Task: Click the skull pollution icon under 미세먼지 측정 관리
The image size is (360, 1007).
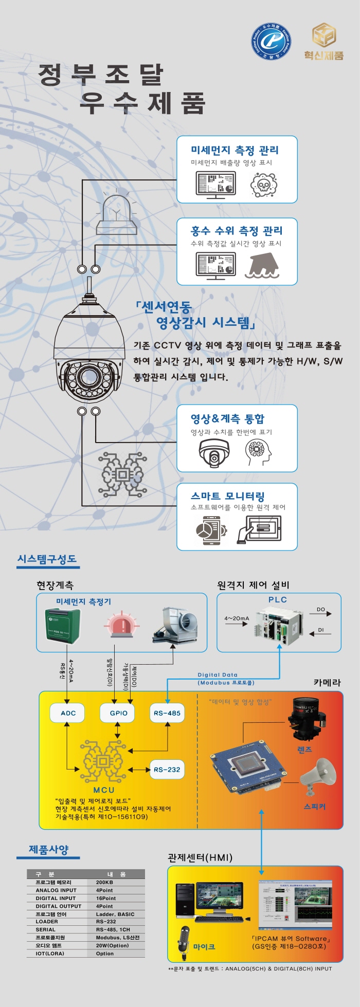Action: click(x=264, y=185)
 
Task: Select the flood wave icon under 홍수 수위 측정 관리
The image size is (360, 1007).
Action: click(x=262, y=265)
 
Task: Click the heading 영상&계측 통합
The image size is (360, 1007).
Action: click(x=227, y=419)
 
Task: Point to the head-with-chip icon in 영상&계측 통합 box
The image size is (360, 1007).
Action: click(x=258, y=452)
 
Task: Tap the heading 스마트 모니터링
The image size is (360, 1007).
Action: click(x=227, y=496)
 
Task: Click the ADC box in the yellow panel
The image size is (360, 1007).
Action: click(x=68, y=713)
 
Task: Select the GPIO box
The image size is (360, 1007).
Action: click(x=118, y=713)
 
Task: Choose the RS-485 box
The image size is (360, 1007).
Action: click(x=167, y=713)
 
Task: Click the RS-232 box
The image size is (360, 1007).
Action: click(x=167, y=770)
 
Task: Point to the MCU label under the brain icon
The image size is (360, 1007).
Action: click(x=104, y=790)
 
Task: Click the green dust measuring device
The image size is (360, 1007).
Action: click(x=62, y=625)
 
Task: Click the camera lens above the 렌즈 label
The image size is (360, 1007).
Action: click(x=307, y=717)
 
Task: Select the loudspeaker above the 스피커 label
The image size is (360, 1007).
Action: click(x=318, y=776)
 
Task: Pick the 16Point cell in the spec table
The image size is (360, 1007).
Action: click(x=106, y=898)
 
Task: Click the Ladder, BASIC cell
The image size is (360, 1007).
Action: click(x=115, y=914)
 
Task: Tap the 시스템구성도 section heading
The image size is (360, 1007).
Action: click(x=47, y=559)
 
